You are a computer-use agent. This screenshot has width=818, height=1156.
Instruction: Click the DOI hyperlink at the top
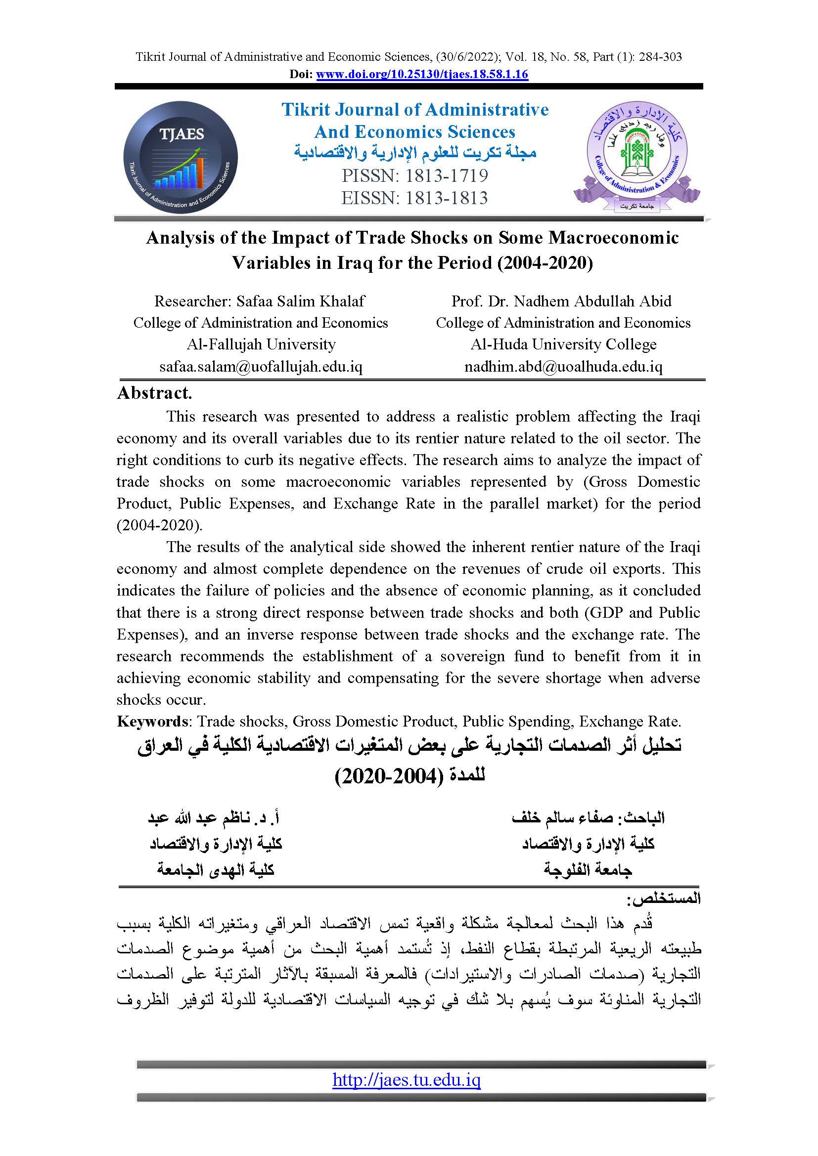point(422,75)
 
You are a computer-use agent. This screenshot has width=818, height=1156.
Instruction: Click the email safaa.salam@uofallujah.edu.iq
point(261,367)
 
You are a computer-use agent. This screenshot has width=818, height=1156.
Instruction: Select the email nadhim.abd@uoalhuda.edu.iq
point(563,367)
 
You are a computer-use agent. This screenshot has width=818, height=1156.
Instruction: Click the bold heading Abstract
point(154,393)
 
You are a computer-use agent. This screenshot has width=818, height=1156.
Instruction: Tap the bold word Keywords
point(152,722)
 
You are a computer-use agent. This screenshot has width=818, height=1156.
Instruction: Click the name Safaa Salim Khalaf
point(301,301)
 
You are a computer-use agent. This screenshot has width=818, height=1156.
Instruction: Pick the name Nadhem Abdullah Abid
point(592,301)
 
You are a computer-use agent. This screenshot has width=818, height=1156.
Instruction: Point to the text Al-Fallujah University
point(261,344)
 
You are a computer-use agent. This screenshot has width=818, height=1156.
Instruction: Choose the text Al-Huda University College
point(563,344)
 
